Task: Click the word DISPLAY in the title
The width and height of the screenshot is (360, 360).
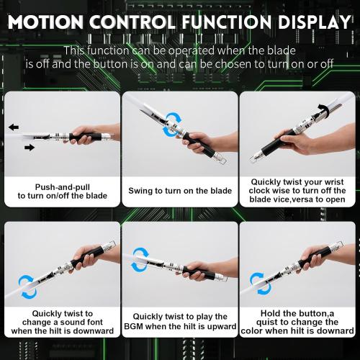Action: [x=310, y=19]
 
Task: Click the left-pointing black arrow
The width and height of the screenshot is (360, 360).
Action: [x=14, y=127]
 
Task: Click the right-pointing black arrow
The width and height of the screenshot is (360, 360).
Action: [x=30, y=148]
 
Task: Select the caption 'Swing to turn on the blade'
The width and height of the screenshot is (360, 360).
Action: [x=180, y=191]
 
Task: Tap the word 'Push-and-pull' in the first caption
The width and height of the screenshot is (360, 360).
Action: [x=60, y=185]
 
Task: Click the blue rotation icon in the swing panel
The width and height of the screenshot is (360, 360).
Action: [x=174, y=120]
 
